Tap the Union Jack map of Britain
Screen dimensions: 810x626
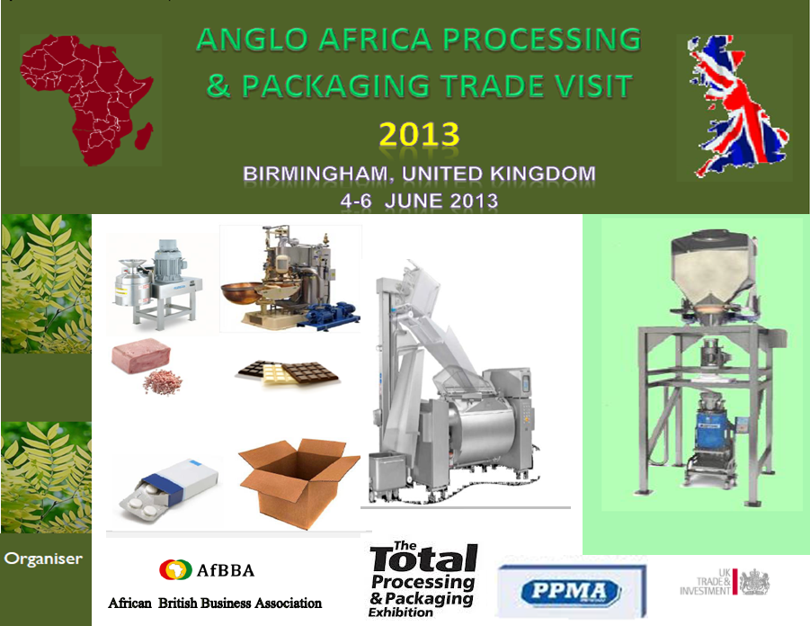coord(736,106)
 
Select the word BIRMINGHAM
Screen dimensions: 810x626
coord(316,174)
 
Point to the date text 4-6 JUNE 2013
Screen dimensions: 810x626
coord(419,201)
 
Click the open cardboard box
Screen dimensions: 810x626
coord(298,483)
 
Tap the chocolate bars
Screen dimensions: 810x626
coord(287,372)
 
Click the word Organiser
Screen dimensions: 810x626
coord(43,559)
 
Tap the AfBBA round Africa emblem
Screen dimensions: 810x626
coord(175,569)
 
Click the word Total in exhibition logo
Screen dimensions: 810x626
coord(423,559)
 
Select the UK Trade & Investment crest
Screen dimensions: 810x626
coord(754,583)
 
